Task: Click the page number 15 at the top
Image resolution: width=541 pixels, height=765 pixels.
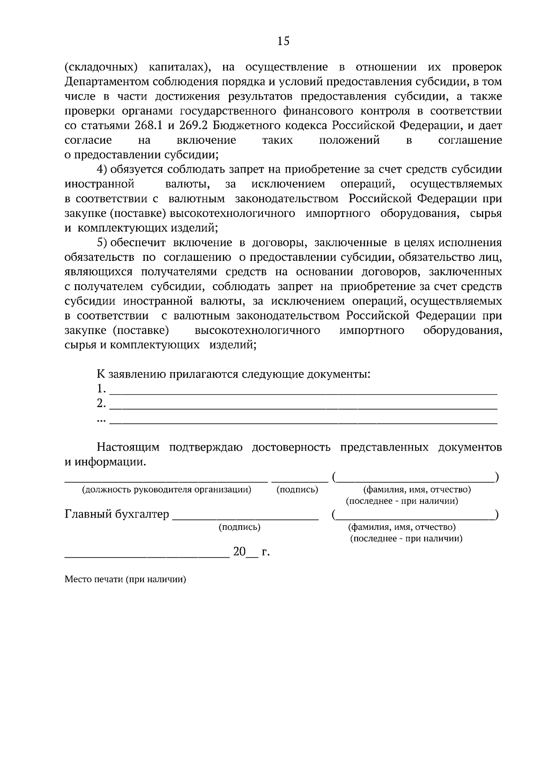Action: pyautogui.click(x=284, y=41)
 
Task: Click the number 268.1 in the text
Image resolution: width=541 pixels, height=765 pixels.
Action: pyautogui.click(x=148, y=125)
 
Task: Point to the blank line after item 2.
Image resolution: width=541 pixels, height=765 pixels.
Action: pyautogui.click(x=303, y=408)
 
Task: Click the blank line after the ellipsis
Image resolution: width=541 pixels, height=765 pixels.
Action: pyautogui.click(x=303, y=423)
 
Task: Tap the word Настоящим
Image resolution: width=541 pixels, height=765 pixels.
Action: pyautogui.click(x=128, y=447)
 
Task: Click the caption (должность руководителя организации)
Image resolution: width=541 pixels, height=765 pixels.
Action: pyautogui.click(x=166, y=490)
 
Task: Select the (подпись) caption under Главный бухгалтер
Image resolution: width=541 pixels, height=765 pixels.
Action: pyautogui.click(x=239, y=527)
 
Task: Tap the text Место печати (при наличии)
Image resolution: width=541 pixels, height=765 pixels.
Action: pyautogui.click(x=125, y=579)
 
